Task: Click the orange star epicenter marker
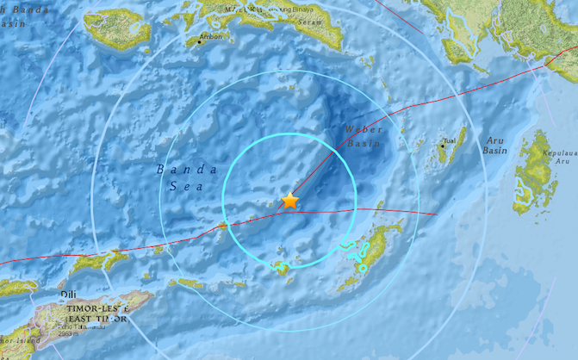(290, 201)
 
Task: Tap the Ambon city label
(211, 37)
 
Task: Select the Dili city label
(69, 295)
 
